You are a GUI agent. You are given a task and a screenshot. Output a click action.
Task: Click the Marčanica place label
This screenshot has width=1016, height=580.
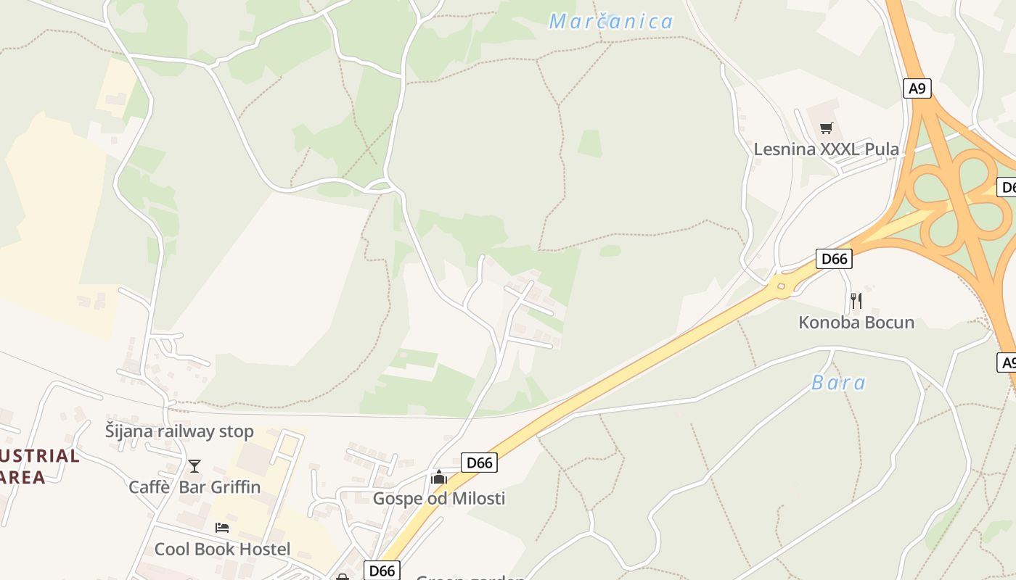(x=611, y=22)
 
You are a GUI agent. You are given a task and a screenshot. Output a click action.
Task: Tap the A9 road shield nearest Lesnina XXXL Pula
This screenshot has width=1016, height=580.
(x=917, y=88)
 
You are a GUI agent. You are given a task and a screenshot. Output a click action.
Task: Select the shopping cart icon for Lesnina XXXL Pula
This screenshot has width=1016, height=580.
(x=826, y=128)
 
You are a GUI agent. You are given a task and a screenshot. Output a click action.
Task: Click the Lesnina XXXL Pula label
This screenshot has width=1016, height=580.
(x=826, y=149)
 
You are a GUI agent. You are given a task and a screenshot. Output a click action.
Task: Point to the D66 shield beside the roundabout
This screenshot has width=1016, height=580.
(x=834, y=259)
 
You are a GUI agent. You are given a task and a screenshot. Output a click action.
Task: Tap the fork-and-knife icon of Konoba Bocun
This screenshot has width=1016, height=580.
(x=856, y=300)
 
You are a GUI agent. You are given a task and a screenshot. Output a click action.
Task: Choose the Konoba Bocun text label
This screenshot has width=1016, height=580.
(x=856, y=323)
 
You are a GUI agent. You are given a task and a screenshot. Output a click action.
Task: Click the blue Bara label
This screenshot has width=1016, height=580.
(x=838, y=383)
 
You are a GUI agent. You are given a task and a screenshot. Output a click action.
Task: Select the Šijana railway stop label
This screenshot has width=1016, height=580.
(x=179, y=431)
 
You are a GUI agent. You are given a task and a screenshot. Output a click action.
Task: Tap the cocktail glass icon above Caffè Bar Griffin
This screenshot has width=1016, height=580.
(x=194, y=465)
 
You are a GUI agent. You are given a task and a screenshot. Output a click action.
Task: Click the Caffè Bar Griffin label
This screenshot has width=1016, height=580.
(x=194, y=486)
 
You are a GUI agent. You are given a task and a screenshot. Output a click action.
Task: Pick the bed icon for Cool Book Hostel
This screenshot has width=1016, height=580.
(x=222, y=528)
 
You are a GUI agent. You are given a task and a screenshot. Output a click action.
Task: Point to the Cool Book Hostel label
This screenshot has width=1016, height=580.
(x=222, y=549)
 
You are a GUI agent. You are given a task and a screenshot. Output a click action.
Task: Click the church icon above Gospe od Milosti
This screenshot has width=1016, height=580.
(x=438, y=477)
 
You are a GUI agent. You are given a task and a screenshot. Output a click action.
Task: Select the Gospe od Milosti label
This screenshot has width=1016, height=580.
(x=438, y=498)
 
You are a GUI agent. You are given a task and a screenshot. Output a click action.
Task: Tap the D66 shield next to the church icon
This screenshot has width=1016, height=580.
(x=479, y=463)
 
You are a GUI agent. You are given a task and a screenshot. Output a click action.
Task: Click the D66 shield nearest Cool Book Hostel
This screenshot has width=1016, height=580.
(x=382, y=571)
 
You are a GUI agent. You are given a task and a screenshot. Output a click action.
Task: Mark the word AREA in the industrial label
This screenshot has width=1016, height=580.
(x=23, y=477)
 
